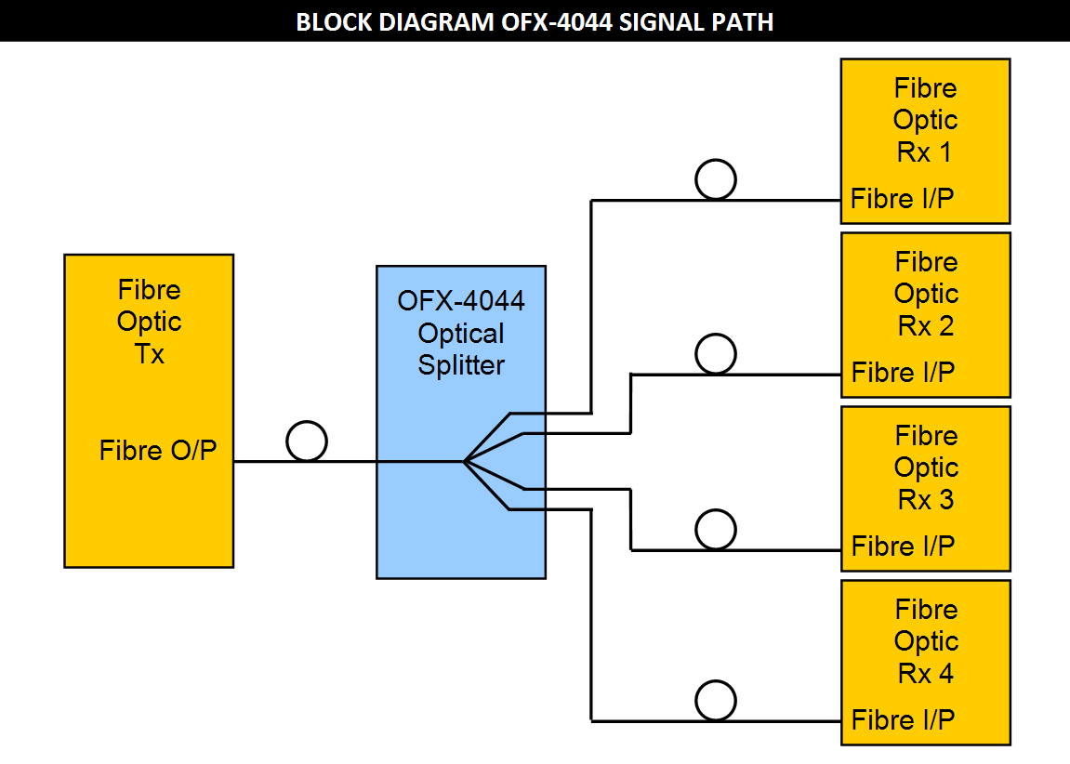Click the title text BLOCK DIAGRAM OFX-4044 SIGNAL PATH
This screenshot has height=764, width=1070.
[535, 21]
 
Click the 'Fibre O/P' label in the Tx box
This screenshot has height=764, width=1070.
[158, 450]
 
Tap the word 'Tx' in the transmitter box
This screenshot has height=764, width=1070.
[150, 354]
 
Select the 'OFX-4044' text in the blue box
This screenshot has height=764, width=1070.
[460, 301]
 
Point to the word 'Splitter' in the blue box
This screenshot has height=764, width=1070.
[461, 365]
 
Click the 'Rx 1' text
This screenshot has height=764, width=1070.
[925, 152]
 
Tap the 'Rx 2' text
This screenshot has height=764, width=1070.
[926, 326]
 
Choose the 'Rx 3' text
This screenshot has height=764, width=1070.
[926, 500]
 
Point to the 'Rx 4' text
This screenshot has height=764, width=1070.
[926, 674]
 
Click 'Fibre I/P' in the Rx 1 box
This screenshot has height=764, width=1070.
[902, 199]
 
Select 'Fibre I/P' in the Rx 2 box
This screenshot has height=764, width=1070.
[903, 373]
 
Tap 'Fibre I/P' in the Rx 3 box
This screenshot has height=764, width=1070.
[903, 547]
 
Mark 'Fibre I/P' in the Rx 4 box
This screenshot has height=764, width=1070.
[903, 719]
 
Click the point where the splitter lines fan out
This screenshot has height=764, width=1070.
[464, 462]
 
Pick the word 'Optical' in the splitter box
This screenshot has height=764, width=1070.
[461, 335]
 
